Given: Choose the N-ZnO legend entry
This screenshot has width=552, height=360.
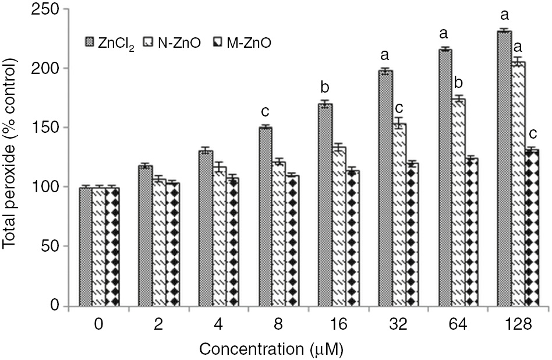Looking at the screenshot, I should pyautogui.click(x=176, y=42).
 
